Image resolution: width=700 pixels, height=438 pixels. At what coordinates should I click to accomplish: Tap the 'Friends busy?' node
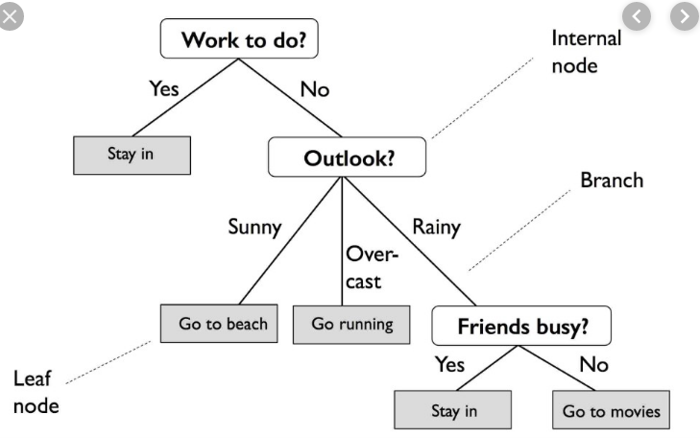[x=521, y=326]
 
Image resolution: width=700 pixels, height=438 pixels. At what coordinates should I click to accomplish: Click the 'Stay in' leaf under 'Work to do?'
[x=132, y=154]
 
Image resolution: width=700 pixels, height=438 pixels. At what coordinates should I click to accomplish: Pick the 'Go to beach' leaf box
[x=223, y=324]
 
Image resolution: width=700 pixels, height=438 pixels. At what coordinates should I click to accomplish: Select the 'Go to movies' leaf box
[x=611, y=411]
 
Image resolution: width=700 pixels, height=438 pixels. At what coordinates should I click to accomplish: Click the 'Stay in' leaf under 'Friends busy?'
[x=451, y=411]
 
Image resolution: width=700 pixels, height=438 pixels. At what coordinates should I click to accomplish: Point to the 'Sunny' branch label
[x=254, y=227]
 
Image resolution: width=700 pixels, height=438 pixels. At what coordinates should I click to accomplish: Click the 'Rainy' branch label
[x=436, y=227]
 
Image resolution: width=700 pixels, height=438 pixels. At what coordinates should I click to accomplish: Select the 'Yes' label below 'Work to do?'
[x=164, y=88]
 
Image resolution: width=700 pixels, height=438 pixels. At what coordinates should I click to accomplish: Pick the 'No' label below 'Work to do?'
[x=314, y=89]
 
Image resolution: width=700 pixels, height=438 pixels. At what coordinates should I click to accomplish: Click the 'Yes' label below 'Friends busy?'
[x=449, y=365]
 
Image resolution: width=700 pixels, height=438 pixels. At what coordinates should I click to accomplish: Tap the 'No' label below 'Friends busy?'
[x=593, y=365]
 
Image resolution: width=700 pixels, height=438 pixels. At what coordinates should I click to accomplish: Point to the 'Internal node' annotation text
[x=586, y=52]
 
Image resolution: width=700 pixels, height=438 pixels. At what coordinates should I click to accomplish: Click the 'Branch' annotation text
[x=612, y=181]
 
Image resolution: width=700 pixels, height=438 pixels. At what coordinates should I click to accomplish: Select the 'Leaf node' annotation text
[x=36, y=391]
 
